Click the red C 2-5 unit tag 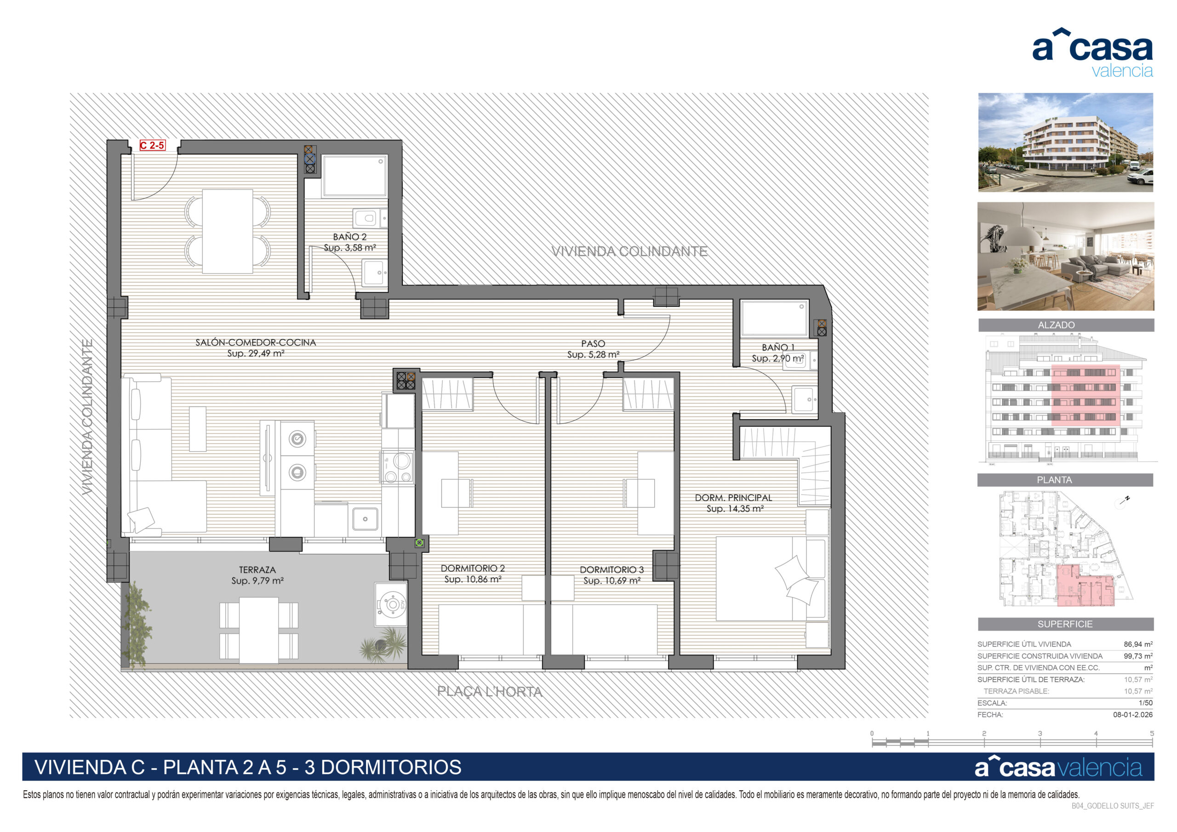152,146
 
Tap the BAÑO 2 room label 349,237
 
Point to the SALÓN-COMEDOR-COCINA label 255,342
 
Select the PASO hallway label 593,343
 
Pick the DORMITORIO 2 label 473,569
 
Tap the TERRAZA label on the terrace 257,570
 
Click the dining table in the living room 228,231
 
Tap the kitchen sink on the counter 365,519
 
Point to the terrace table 259,631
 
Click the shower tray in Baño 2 354,177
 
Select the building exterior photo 1065,142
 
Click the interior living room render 1066,256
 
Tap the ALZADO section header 1056,325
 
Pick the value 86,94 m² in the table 1138,644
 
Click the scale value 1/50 1146,703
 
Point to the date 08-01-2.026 1133,715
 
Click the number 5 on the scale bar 1152,734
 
